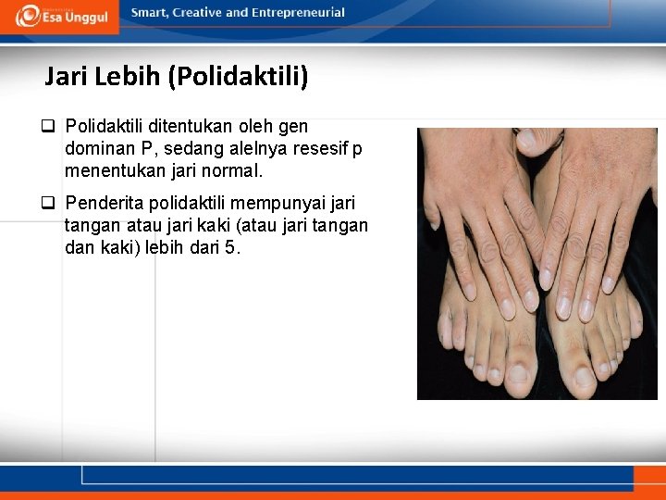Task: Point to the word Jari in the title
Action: (66, 77)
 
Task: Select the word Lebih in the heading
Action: (128, 77)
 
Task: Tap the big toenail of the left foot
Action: (519, 373)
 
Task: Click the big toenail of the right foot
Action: (585, 376)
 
